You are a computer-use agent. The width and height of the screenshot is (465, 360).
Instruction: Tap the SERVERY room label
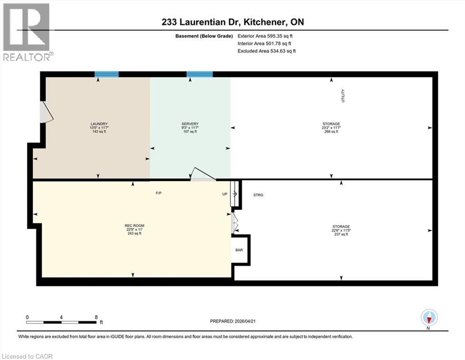[x=189, y=124]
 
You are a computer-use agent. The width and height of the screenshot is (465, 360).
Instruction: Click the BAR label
[x=239, y=250]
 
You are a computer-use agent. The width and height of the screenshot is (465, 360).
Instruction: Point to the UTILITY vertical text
[x=343, y=96]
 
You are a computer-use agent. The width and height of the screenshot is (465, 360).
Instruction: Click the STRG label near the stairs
[x=258, y=195]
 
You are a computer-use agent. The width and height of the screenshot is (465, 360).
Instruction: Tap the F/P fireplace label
[x=159, y=193]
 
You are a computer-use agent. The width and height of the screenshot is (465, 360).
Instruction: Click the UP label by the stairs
[x=225, y=194]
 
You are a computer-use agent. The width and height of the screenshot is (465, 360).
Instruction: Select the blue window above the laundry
[x=106, y=74]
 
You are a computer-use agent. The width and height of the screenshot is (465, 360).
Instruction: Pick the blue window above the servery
[x=199, y=74]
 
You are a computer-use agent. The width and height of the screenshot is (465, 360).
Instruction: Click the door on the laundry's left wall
[x=46, y=113]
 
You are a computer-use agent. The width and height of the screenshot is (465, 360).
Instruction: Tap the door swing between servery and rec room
[x=202, y=175]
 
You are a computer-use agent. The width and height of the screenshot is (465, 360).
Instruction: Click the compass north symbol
[x=429, y=318]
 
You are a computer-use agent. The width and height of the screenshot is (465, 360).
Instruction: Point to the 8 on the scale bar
[x=96, y=317]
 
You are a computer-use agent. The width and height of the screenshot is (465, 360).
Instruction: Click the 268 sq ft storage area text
[x=331, y=132]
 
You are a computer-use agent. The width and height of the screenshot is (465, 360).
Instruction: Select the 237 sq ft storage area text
[x=340, y=234]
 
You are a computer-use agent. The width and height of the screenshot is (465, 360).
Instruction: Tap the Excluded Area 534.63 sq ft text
[x=266, y=51]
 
